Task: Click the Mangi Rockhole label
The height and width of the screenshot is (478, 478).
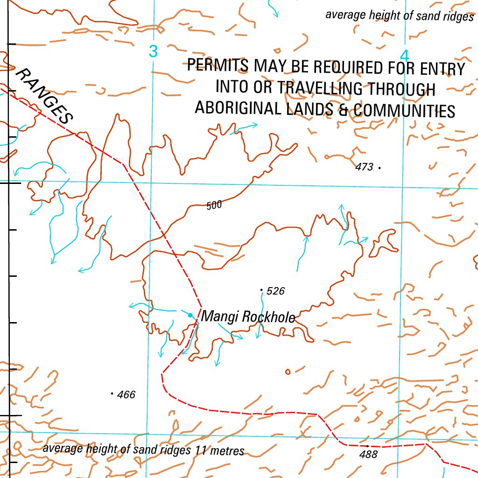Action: pyautogui.click(x=248, y=317)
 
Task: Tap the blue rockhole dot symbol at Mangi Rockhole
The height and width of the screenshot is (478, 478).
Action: pyautogui.click(x=190, y=315)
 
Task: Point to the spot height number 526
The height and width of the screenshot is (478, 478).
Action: pyautogui.click(x=276, y=291)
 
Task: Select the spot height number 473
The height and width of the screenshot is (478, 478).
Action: pyautogui.click(x=364, y=167)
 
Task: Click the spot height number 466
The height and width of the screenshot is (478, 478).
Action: pyautogui.click(x=126, y=395)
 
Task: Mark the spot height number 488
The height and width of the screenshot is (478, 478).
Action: pyautogui.click(x=369, y=454)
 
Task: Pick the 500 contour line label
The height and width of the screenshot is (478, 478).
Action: pyautogui.click(x=214, y=205)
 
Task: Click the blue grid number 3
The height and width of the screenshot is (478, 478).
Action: pyautogui.click(x=153, y=51)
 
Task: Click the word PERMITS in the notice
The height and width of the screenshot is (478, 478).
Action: pyautogui.click(x=218, y=66)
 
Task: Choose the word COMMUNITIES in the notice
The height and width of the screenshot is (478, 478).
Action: pyautogui.click(x=404, y=111)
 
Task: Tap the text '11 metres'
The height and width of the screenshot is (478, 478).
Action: pyautogui.click(x=220, y=451)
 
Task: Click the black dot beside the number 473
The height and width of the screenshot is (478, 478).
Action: pyautogui.click(x=380, y=167)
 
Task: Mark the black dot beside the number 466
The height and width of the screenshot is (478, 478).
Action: pyautogui.click(x=112, y=394)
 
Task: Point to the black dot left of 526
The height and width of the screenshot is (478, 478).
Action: pyautogui.click(x=261, y=290)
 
